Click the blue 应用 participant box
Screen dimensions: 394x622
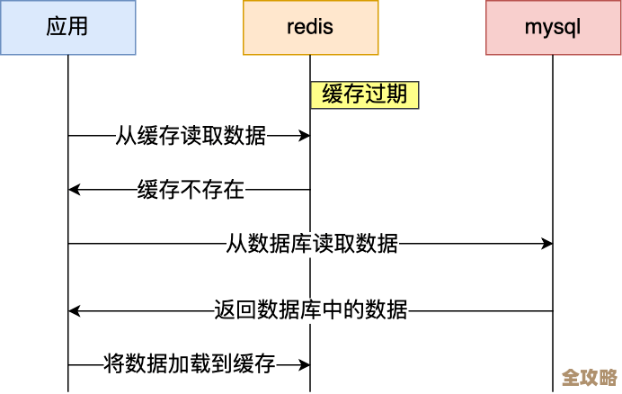click(x=67, y=27)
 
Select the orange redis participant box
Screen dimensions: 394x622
click(x=310, y=27)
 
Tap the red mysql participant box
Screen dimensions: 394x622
click(x=552, y=27)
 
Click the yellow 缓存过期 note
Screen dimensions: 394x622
click(x=365, y=95)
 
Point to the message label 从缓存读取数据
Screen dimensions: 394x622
click(x=191, y=136)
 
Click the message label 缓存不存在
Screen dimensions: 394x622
click(x=191, y=190)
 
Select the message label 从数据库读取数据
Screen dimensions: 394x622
click(x=312, y=244)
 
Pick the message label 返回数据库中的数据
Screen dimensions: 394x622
click(x=311, y=311)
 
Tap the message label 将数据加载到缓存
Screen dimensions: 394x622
click(x=190, y=365)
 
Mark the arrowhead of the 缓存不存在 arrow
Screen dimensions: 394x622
click(x=75, y=190)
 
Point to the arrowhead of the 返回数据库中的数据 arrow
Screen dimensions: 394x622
click(x=75, y=311)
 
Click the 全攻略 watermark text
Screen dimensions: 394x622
click(x=589, y=377)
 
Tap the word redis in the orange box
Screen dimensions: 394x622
click(x=310, y=27)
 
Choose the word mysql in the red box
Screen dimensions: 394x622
click(x=552, y=27)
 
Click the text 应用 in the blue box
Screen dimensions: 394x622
click(x=67, y=27)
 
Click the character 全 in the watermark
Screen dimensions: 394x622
click(x=570, y=377)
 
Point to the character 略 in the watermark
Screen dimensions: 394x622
click(x=608, y=377)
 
